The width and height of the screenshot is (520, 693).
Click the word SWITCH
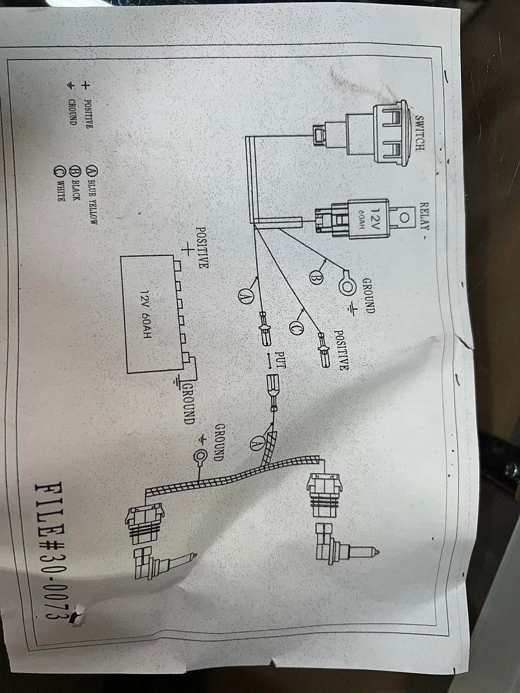click(419, 133)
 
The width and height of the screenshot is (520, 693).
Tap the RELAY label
click(424, 219)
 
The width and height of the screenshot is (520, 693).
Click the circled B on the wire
click(315, 277)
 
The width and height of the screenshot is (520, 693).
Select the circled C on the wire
click(296, 327)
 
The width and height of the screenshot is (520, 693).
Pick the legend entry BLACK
click(76, 186)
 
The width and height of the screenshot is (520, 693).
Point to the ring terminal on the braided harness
click(201, 458)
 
